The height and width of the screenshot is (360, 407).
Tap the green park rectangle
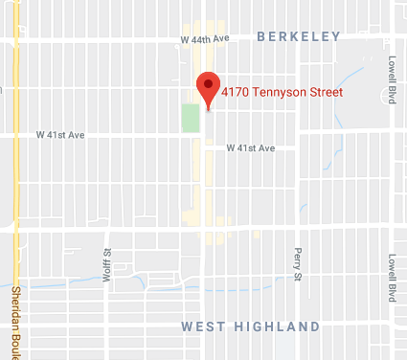(x=191, y=119)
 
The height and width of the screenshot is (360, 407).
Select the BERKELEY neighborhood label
(x=298, y=36)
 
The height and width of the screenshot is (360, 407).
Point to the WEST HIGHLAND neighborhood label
(x=250, y=326)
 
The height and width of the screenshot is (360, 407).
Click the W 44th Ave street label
(x=206, y=39)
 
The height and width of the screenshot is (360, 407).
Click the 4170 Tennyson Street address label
(x=281, y=93)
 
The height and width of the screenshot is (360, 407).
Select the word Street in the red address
(x=326, y=93)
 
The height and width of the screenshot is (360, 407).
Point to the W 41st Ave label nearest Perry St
(x=251, y=148)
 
